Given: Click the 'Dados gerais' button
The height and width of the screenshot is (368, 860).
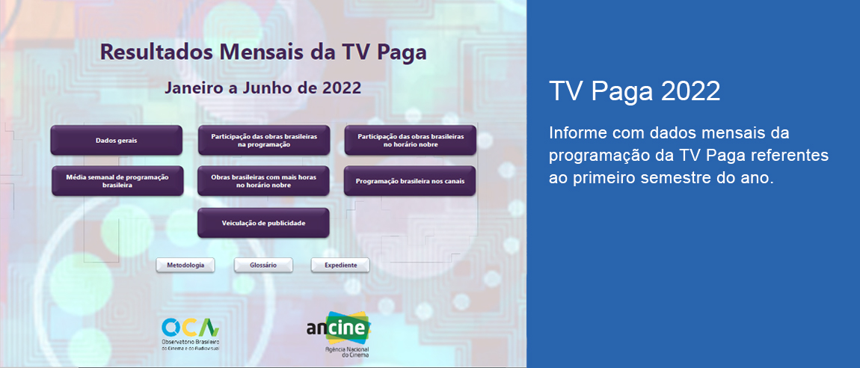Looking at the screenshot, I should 116,141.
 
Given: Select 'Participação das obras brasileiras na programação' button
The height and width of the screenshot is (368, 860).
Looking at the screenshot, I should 263,141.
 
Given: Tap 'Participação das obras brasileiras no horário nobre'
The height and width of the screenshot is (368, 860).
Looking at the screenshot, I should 410,141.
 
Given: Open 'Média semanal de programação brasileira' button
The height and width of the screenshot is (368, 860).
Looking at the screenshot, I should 117,181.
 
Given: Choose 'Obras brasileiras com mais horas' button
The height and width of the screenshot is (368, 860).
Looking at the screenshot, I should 263,181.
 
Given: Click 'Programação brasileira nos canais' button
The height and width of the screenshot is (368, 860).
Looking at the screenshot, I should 410,181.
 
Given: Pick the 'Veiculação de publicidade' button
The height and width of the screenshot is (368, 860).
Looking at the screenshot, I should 263,223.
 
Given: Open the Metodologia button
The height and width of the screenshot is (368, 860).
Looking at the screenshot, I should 185,266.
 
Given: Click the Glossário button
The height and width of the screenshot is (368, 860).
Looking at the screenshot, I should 263,266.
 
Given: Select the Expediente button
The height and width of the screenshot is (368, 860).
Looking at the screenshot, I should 340,266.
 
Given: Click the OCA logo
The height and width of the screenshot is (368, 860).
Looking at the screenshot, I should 190,327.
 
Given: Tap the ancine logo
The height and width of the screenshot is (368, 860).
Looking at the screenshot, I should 338,328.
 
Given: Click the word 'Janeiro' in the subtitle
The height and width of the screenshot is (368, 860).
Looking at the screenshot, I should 194,88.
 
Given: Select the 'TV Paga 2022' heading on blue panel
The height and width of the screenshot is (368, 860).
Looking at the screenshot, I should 634,91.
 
